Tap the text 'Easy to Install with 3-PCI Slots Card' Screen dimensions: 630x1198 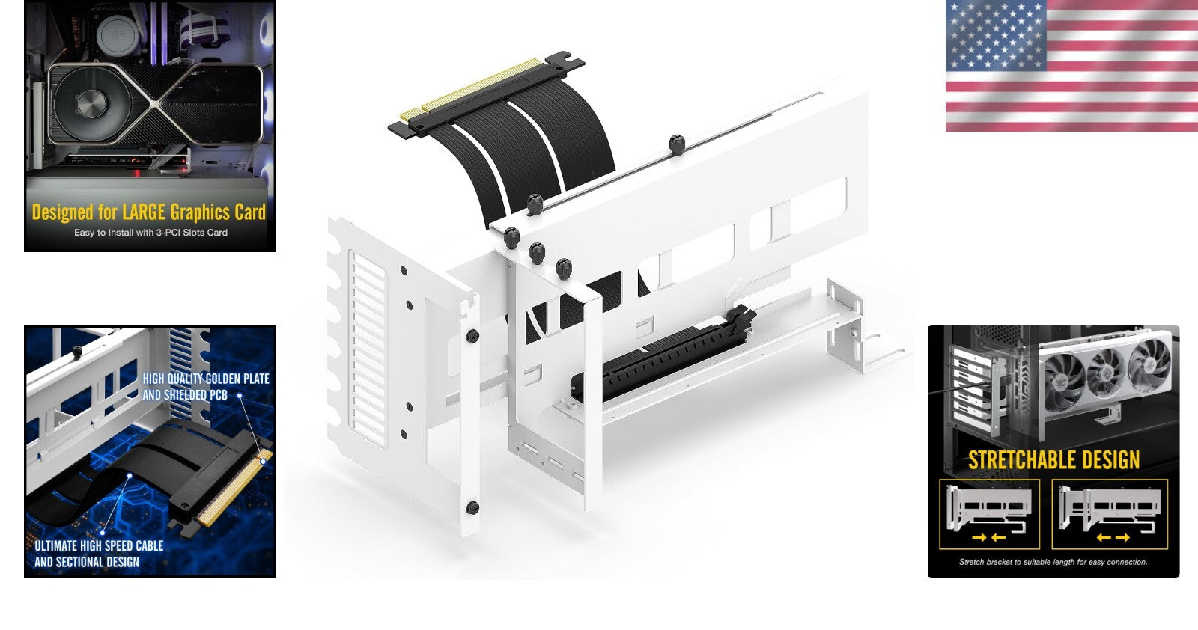point(150,233)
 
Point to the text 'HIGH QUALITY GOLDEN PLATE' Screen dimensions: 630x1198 point(206,379)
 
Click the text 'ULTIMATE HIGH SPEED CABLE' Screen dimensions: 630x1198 point(99,546)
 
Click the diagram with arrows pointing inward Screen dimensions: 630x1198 point(989,515)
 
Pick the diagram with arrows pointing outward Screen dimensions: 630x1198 point(1110,515)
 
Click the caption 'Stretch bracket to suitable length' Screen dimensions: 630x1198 point(1053,562)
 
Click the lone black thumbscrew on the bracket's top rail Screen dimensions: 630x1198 point(677,144)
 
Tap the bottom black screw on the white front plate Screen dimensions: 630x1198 point(472,508)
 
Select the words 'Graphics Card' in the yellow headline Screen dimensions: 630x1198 point(218,212)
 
